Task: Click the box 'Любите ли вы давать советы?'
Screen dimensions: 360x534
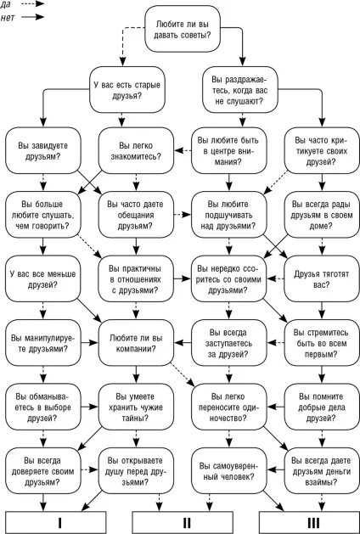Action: [x=183, y=29]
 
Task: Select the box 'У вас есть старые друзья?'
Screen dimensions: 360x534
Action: [x=127, y=90]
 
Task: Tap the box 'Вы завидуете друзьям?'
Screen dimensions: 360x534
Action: [x=43, y=150]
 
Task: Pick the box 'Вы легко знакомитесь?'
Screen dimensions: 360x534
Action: [x=136, y=150]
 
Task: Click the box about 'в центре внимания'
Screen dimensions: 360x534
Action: [x=229, y=150]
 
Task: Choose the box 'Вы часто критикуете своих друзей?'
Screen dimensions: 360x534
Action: [x=322, y=150]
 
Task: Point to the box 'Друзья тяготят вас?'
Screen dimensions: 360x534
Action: [x=322, y=278]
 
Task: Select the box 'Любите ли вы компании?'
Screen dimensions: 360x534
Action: [x=136, y=343]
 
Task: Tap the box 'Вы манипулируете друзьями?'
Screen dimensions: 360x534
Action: [x=43, y=343]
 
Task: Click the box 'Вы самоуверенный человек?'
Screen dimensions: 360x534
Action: [x=229, y=470]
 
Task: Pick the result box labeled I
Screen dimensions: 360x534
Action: [x=56, y=522]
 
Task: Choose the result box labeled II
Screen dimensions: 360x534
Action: [x=183, y=522]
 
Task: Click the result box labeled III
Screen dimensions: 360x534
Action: [x=309, y=522]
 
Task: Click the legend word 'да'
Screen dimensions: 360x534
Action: [x=5, y=4]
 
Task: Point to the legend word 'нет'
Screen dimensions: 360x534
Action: [x=8, y=18]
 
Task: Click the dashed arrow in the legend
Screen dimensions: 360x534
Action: [x=33, y=3]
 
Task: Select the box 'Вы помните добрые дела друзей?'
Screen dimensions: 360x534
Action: [x=322, y=407]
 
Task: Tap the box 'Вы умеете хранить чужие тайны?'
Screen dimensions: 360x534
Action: [x=136, y=407]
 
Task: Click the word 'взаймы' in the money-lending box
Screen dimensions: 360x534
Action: [x=321, y=482]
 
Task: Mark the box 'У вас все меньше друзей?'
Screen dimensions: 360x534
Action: [x=43, y=278]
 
